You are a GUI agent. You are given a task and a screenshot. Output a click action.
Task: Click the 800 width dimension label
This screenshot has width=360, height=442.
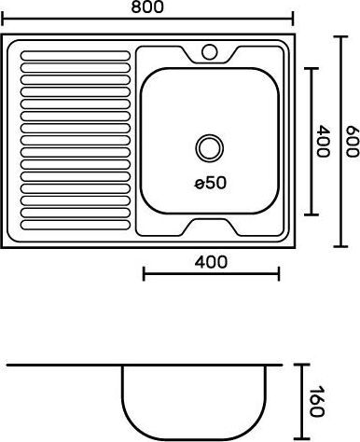[147, 7]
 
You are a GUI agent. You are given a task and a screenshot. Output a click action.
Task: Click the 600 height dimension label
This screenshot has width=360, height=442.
[353, 142]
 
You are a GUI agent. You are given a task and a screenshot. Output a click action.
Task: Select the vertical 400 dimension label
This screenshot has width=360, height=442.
[323, 141]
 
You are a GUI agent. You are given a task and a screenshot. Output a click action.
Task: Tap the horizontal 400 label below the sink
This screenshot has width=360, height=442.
[211, 262]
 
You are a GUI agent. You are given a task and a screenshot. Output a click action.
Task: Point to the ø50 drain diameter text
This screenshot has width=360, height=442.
[211, 183]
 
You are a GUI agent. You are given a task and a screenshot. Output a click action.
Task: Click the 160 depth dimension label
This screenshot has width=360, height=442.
[317, 401]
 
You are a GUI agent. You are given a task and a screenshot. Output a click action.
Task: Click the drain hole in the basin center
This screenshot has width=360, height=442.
[210, 148]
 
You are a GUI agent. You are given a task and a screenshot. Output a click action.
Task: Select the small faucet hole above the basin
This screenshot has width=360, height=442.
[210, 52]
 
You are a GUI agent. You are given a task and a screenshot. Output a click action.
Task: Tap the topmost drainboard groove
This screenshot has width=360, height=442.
[76, 55]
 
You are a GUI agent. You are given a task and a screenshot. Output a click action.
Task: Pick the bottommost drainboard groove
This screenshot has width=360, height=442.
[76, 225]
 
